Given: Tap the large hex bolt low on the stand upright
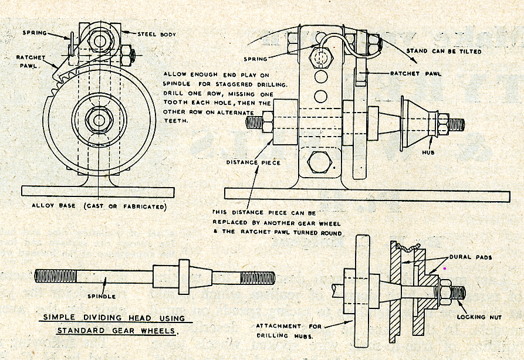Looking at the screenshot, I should [x=319, y=161].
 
